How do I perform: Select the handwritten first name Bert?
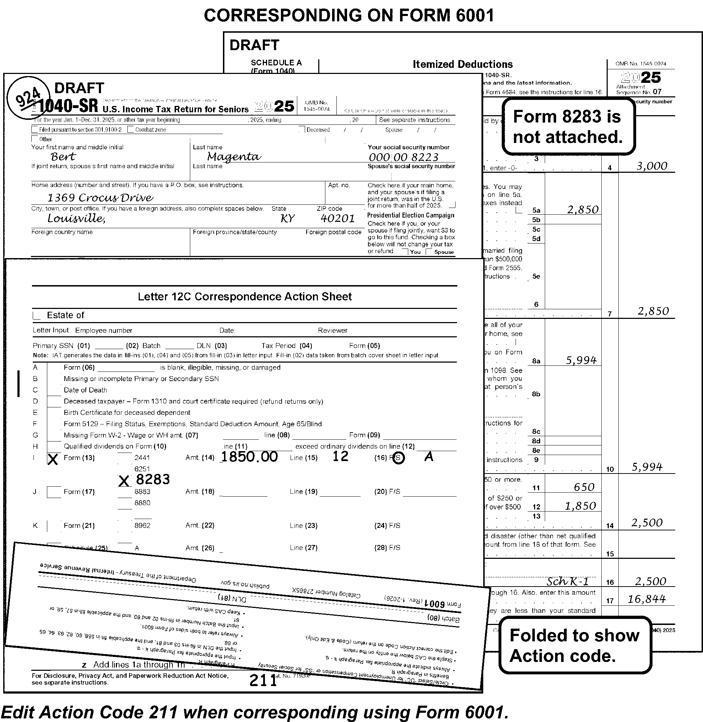pos(63,157)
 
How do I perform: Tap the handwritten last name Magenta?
pos(234,157)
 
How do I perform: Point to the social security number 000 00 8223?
pos(404,157)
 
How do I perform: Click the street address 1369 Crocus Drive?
pos(100,198)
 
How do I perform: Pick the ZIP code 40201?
pos(337,218)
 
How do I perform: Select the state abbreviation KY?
pos(287,219)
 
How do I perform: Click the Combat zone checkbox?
pos(131,129)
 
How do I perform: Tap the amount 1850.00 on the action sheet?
pos(249,456)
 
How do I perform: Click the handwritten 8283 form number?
pos(153,479)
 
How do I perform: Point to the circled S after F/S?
pos(398,458)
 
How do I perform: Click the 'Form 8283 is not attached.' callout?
pos(568,127)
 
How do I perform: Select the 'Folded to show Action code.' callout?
pos(575,645)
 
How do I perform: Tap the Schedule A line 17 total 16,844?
pos(646,599)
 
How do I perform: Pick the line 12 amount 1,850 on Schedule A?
pos(580,506)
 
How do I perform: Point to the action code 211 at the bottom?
pos(263,680)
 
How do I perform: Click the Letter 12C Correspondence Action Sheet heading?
pos(244,297)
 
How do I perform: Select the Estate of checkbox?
pos(37,316)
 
